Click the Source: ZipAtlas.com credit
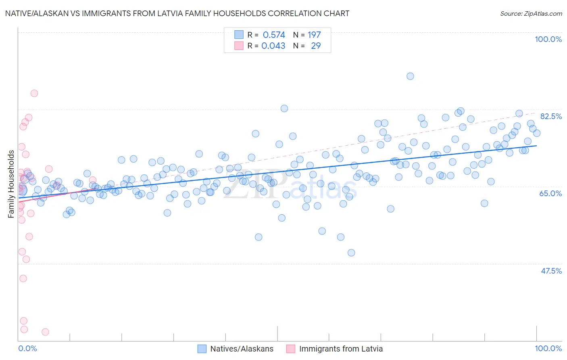point(531,13)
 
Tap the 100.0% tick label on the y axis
point(548,39)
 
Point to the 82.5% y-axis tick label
point(551,116)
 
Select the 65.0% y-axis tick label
point(550,193)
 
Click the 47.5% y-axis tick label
point(551,271)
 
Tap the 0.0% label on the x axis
point(27,348)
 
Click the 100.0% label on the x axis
point(548,348)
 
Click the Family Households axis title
point(11,184)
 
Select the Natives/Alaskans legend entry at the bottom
point(242,349)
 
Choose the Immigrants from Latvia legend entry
point(341,349)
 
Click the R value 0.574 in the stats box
point(274,35)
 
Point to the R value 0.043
point(273,46)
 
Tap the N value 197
point(314,35)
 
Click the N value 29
point(316,46)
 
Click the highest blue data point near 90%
point(410,76)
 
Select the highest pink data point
point(34,93)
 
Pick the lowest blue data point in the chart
point(351,253)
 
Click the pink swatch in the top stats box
point(239,46)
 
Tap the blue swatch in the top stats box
point(239,35)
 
